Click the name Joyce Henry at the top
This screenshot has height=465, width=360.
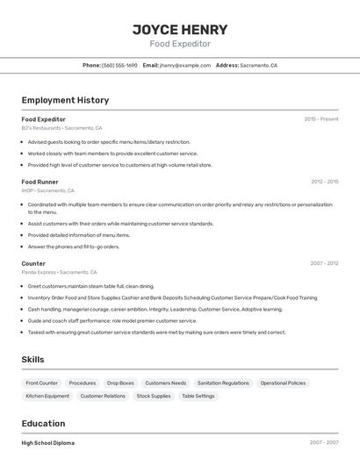tap(180, 29)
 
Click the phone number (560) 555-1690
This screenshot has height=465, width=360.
tap(119, 66)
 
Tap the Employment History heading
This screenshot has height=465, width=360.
tap(65, 100)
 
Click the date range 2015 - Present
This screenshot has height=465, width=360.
tap(321, 119)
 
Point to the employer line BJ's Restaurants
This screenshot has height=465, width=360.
tap(61, 128)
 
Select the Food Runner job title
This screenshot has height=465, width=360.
tap(40, 182)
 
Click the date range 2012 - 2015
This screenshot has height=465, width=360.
tap(324, 182)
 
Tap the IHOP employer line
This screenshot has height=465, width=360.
tap(47, 190)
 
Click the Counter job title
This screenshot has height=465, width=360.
tap(33, 263)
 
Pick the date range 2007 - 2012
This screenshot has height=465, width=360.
tap(324, 263)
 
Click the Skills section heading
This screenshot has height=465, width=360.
tap(32, 360)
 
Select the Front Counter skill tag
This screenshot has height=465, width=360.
tap(41, 383)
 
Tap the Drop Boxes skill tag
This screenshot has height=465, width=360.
tap(120, 383)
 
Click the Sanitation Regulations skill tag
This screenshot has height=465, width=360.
tap(223, 383)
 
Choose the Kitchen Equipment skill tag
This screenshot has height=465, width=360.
tap(47, 397)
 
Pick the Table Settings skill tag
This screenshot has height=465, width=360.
tap(198, 397)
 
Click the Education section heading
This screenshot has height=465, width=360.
tap(43, 423)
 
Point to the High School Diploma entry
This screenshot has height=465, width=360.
tap(48, 443)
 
